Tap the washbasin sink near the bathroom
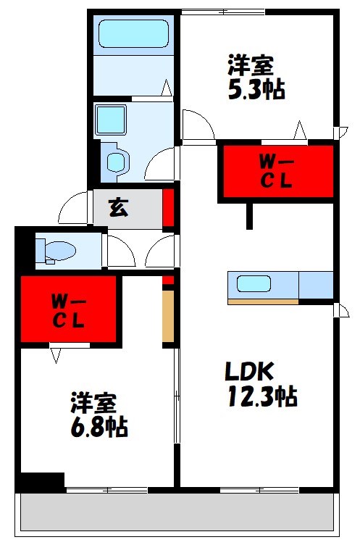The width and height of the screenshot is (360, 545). (112, 119)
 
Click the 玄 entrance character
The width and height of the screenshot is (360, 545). (118, 207)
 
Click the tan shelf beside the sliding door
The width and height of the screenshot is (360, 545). (168, 315)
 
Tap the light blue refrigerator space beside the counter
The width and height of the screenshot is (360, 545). (316, 285)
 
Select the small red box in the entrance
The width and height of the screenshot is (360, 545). (168, 207)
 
